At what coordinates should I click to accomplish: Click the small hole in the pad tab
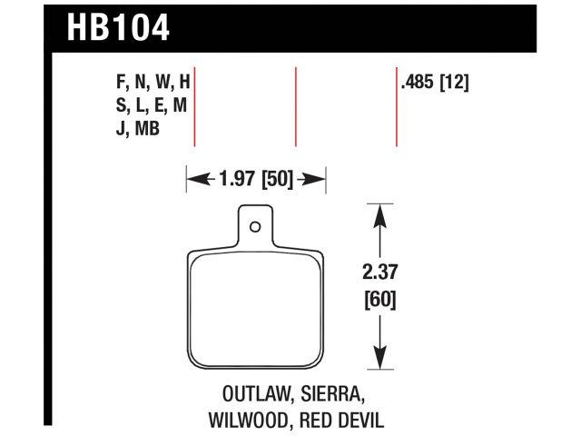tap(256, 227)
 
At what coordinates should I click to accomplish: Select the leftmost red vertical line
tap(196, 106)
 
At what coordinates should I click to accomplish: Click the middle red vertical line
tap(296, 106)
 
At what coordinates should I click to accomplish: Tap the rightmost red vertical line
tap(397, 106)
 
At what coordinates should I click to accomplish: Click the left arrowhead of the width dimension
tap(192, 179)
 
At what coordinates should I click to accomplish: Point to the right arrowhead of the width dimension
tap(320, 179)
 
